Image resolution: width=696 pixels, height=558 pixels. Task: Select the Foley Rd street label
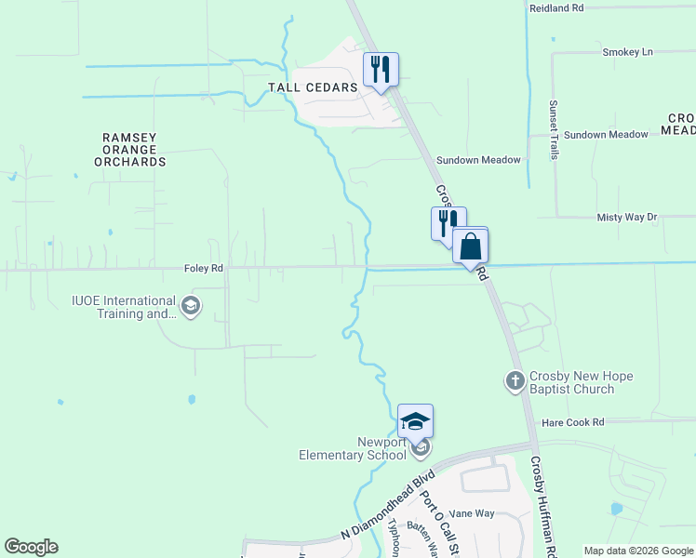click(x=204, y=269)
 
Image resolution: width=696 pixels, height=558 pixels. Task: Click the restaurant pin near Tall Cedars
click(x=381, y=71)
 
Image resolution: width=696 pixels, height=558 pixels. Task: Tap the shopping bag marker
click(x=471, y=247)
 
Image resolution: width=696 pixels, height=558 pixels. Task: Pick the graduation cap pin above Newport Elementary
click(x=415, y=422)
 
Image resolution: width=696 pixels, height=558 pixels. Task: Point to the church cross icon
click(x=515, y=380)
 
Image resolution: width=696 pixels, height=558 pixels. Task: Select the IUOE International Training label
click(x=124, y=307)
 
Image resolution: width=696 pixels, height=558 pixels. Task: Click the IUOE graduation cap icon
click(x=191, y=307)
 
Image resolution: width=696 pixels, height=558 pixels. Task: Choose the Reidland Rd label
click(x=555, y=7)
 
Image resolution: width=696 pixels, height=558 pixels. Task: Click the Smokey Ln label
click(x=627, y=52)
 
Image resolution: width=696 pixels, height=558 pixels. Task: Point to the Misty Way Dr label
click(x=626, y=218)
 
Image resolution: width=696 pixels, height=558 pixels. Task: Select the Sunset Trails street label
click(x=553, y=129)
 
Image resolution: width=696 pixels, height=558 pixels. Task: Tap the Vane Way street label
click(x=472, y=513)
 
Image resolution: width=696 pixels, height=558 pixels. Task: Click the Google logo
click(x=32, y=547)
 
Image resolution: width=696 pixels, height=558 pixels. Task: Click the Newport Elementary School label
click(x=353, y=448)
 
